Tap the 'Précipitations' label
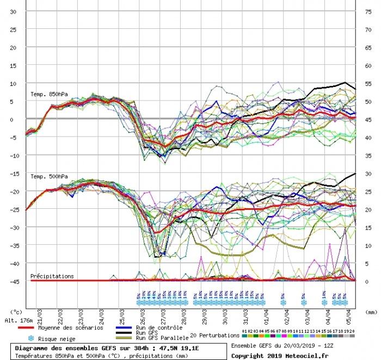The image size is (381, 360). point(52,276)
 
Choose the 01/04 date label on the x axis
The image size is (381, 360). point(265,314)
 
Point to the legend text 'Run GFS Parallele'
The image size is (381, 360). point(162,338)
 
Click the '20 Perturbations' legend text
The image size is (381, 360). point(214,335)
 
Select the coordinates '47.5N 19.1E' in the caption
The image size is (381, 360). point(177,348)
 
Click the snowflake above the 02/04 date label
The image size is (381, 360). point(283,302)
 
